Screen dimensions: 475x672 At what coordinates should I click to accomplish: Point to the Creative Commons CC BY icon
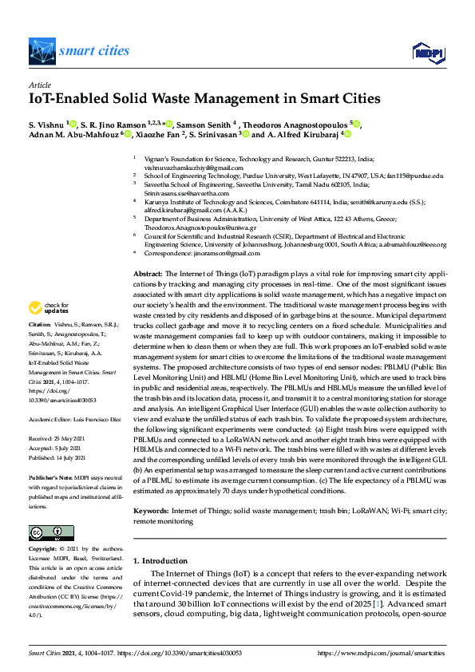46,532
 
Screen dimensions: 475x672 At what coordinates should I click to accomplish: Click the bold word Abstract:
147,274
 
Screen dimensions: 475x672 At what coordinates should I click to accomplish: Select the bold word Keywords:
150,509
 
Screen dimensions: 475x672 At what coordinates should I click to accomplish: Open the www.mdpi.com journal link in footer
382,653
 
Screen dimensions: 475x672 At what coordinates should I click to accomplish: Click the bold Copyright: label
43,550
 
